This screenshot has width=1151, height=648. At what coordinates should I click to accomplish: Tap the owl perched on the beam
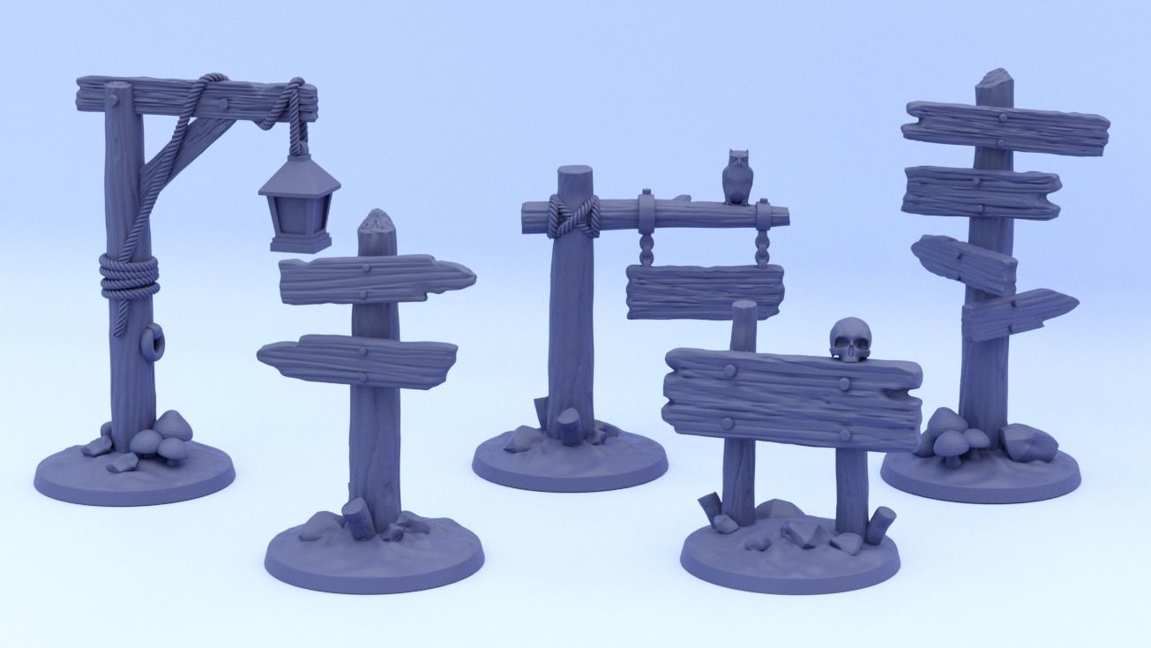coord(736,177)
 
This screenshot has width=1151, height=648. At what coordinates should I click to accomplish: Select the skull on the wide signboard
coord(850,340)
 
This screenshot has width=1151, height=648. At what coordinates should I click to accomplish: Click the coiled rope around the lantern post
coord(129,275)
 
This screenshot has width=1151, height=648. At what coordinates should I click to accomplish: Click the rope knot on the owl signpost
coord(573,216)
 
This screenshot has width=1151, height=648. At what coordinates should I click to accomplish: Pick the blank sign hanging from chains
coord(704,290)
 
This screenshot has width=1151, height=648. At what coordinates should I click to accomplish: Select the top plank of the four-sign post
coord(1005,129)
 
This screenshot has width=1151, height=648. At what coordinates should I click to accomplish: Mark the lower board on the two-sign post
coord(357,358)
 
